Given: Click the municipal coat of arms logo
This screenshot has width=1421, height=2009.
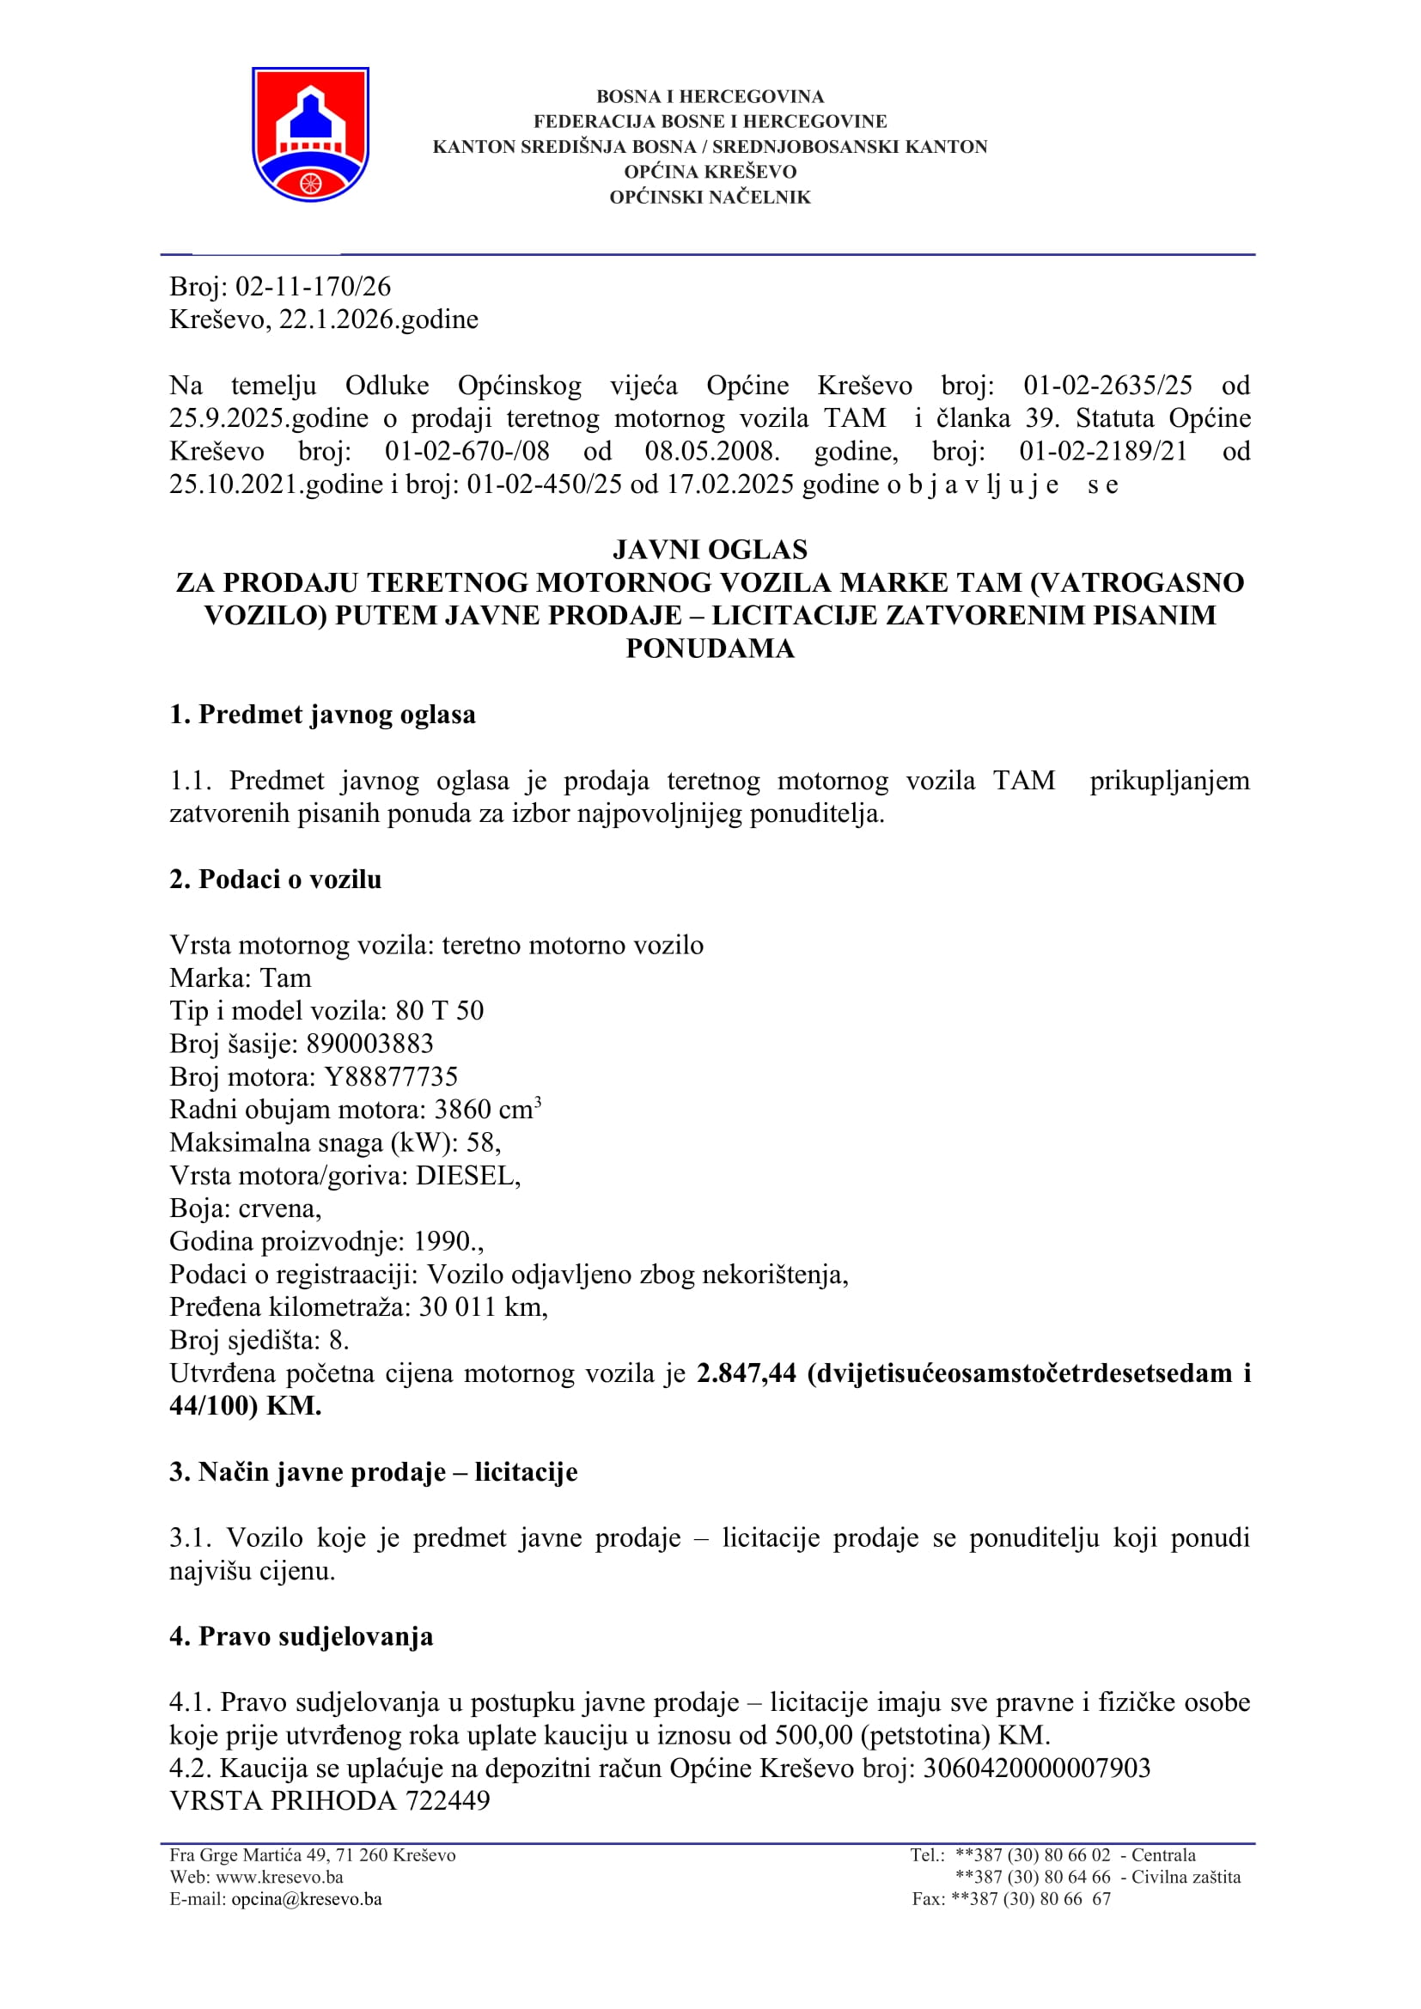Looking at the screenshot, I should point(311,134).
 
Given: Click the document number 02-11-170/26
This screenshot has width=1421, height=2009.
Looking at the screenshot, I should point(314,286).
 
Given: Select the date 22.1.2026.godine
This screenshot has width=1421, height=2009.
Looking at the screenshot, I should point(378,320).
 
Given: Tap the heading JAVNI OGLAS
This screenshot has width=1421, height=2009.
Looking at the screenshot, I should point(710,550).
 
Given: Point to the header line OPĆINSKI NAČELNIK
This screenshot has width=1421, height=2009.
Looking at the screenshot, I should point(710,198).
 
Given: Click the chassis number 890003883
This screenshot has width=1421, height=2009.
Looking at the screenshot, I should point(369,1043).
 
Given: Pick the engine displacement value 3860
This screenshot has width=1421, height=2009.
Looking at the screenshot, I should point(463,1110).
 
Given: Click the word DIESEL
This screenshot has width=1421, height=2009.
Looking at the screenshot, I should point(466,1175).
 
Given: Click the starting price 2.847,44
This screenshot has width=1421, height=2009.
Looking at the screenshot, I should point(747,1373).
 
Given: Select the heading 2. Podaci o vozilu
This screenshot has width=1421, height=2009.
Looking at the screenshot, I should point(276,880).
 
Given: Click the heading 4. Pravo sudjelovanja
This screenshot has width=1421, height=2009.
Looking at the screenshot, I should point(301,1636).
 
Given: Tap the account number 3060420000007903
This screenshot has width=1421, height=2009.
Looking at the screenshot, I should point(1037,1768).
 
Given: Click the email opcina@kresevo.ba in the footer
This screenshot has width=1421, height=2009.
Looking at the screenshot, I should point(306,1899).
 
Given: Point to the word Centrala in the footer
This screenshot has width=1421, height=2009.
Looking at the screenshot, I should point(1163,1855).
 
